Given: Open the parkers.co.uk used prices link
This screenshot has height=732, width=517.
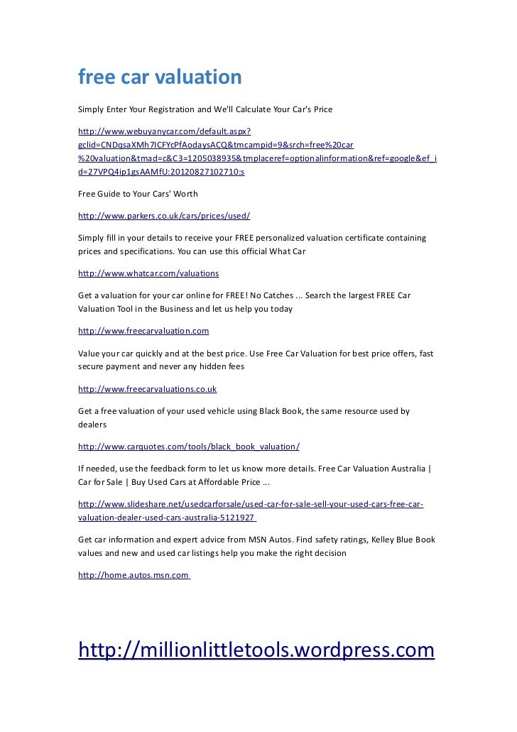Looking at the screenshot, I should [164, 215].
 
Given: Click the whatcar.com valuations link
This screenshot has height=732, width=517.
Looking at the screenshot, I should [148, 273].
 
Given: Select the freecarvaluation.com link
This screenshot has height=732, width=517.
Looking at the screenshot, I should [143, 331].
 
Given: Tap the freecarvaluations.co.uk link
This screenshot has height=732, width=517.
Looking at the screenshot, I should [147, 389].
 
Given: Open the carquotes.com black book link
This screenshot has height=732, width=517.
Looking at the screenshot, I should [189, 447].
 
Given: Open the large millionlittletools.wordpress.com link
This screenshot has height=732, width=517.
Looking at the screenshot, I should [256, 650].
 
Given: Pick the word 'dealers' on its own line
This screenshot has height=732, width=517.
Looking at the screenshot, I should [92, 425].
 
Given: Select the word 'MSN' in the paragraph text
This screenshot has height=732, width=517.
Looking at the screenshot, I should [259, 540].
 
